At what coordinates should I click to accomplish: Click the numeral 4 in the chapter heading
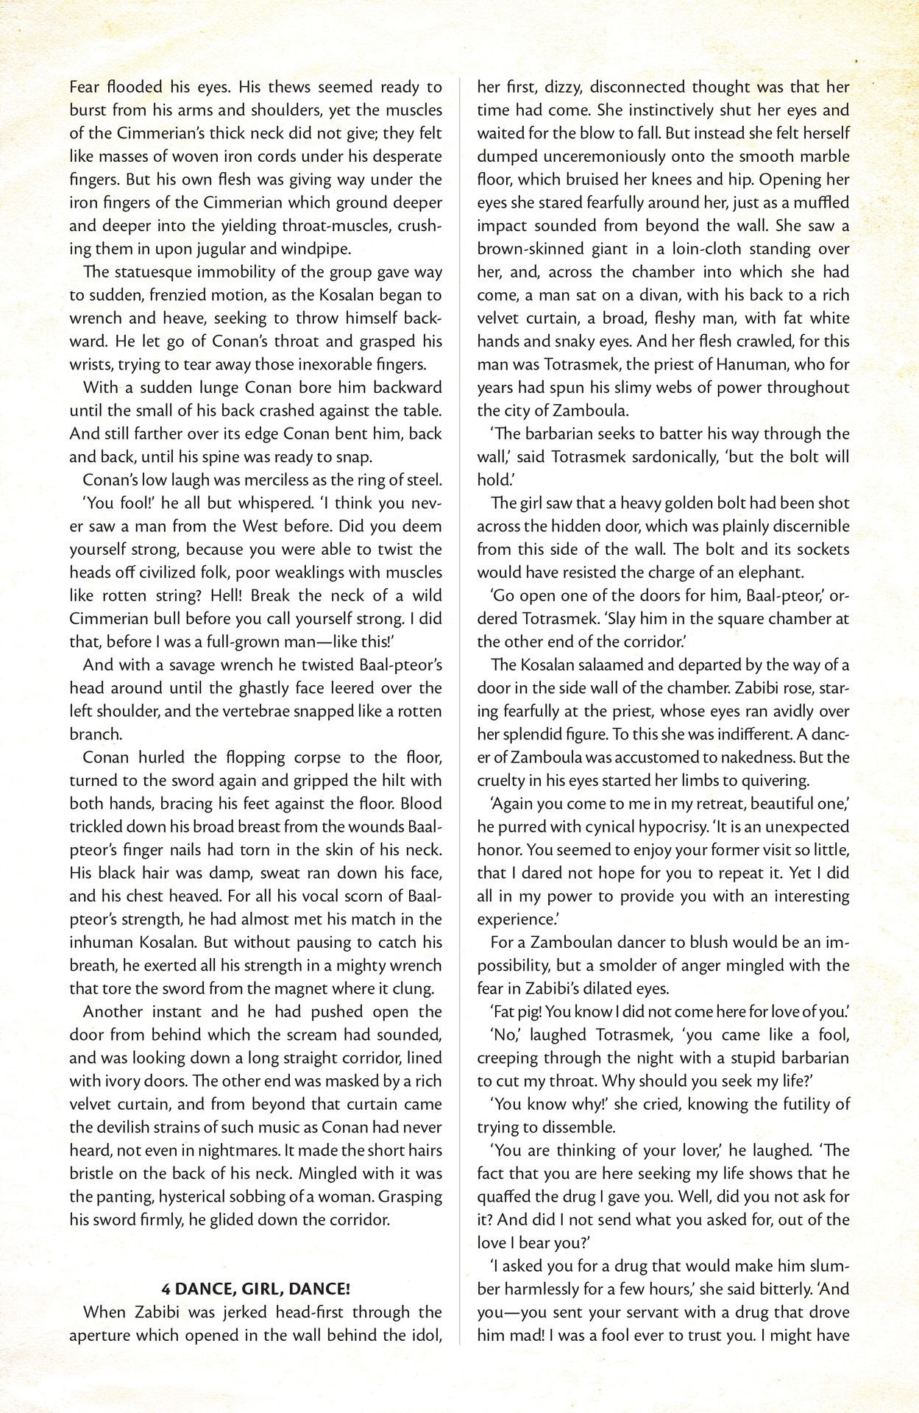[166, 1289]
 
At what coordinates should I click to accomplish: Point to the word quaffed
[510, 1197]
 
